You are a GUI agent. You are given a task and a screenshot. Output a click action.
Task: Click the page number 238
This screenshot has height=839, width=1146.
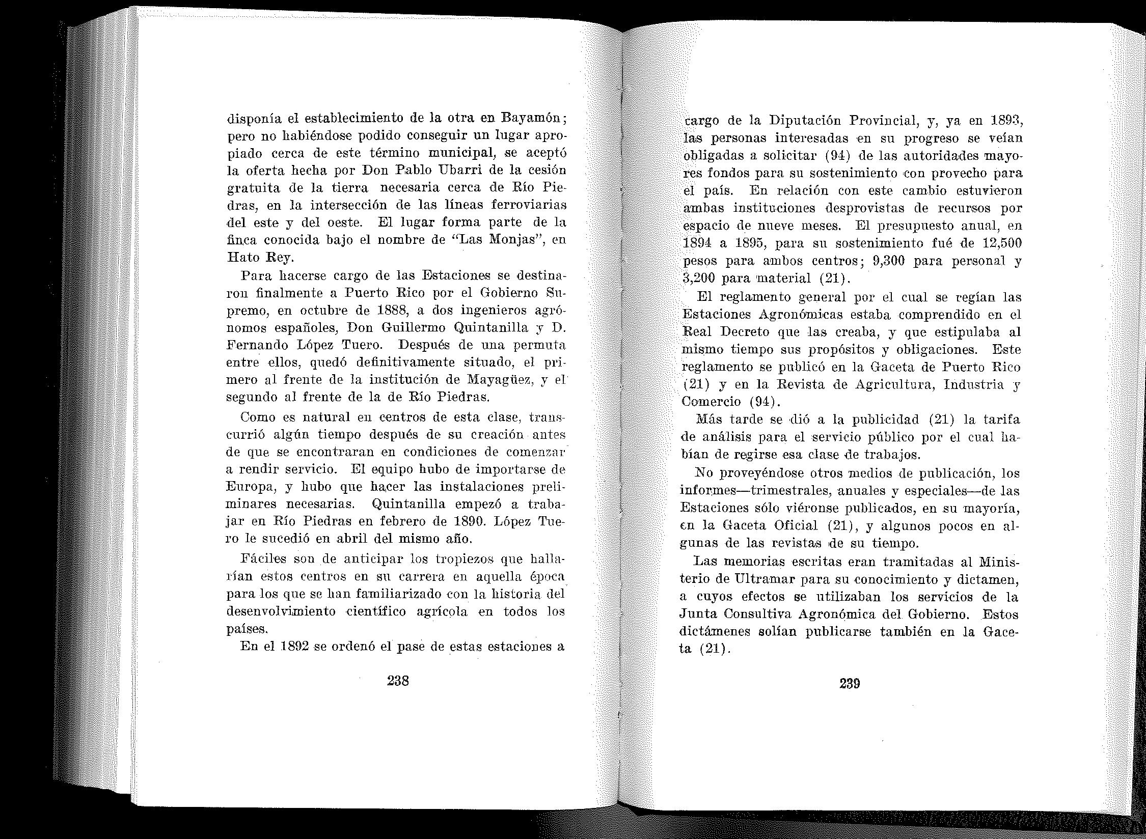(x=398, y=681)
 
